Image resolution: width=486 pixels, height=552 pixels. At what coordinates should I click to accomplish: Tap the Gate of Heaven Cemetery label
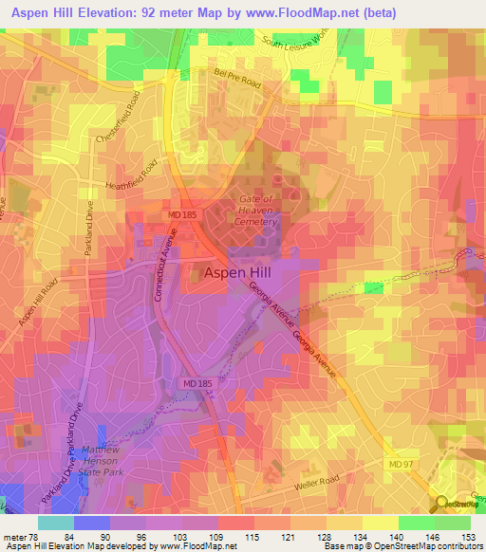click(255, 211)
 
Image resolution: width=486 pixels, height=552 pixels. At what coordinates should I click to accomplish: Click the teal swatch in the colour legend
click(55, 523)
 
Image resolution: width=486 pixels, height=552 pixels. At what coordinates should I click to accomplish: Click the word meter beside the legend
click(14, 537)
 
